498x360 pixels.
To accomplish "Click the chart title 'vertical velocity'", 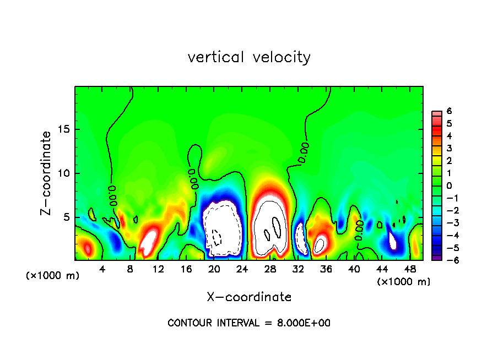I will point(249,57).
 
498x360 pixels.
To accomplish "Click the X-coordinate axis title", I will point(249,297).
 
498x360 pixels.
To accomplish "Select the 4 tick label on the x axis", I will point(102,269).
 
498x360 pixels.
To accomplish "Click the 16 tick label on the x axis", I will point(186,269).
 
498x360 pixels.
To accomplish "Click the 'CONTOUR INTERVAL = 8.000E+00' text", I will point(249,323).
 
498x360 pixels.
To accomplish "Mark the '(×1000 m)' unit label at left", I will point(53,276).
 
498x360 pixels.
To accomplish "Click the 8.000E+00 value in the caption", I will point(302,323).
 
